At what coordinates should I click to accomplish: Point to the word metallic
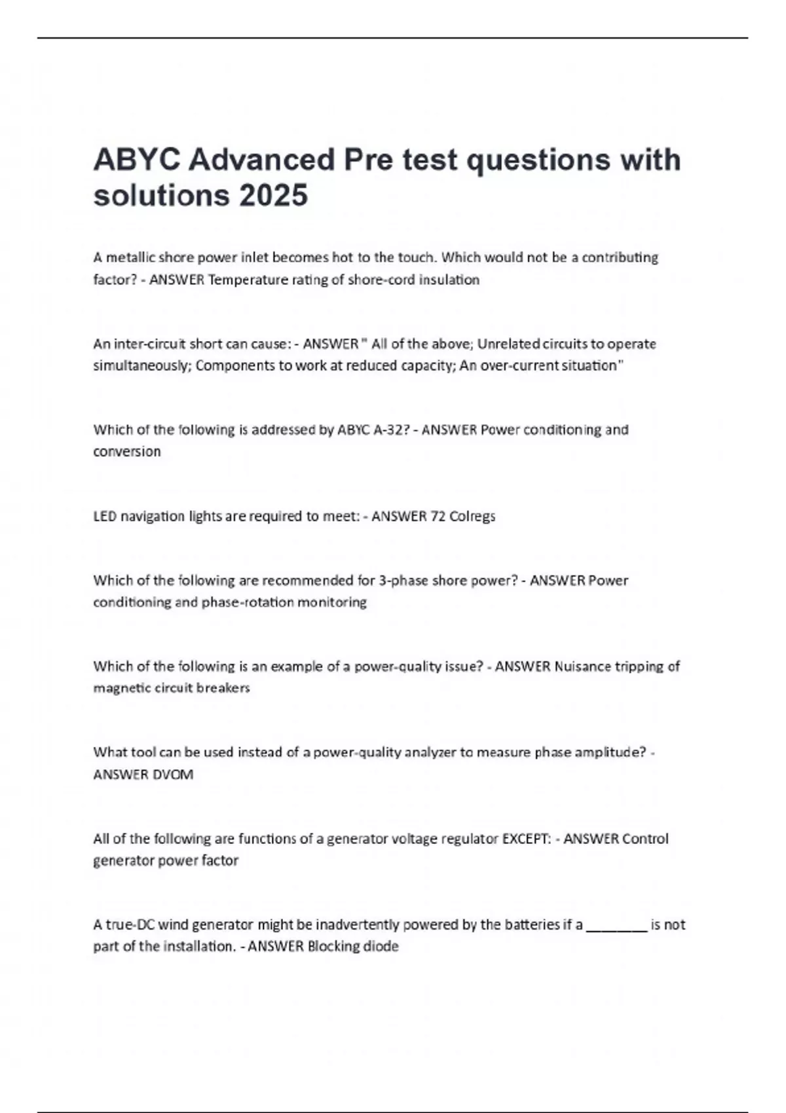[x=130, y=257]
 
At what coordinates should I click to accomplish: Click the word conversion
[x=126, y=451]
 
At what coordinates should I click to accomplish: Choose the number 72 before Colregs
[x=438, y=516]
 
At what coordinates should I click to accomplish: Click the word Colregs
[x=472, y=516]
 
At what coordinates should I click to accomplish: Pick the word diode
[x=381, y=946]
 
